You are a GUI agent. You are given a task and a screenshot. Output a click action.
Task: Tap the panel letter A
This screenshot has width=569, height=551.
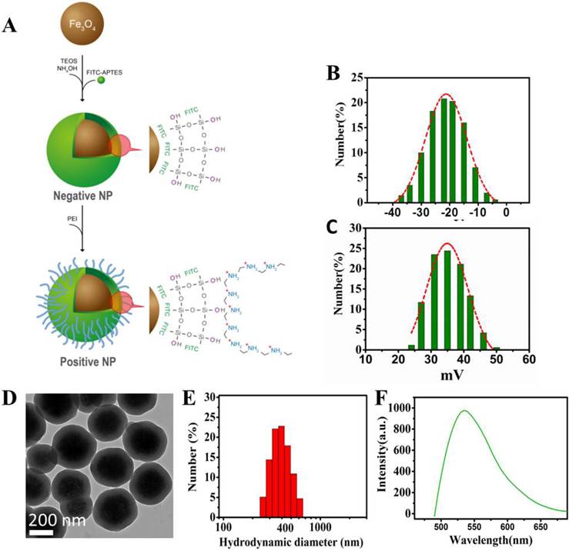(11, 25)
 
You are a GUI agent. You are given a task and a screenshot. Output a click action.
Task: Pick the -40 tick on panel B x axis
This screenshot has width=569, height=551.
(393, 212)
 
